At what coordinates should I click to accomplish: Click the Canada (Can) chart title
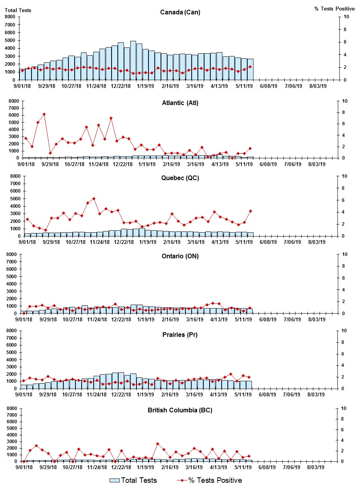tap(180, 12)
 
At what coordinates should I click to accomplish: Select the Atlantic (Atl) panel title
tap(180, 103)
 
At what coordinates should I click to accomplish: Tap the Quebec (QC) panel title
tap(180, 178)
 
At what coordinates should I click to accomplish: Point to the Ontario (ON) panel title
tap(180, 256)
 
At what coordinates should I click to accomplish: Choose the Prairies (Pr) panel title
tap(180, 335)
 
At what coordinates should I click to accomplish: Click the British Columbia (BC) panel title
tap(180, 410)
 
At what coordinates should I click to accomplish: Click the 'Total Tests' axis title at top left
tap(18, 10)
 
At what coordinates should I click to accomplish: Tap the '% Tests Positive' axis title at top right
tap(334, 9)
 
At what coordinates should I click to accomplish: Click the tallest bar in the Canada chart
tap(133, 60)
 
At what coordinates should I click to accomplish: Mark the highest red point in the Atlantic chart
tap(44, 114)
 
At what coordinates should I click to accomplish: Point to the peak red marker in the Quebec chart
tap(94, 198)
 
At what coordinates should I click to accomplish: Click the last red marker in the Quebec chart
tap(251, 211)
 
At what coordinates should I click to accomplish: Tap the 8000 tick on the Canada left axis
tap(10, 17)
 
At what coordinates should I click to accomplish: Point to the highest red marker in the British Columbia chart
tap(157, 443)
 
